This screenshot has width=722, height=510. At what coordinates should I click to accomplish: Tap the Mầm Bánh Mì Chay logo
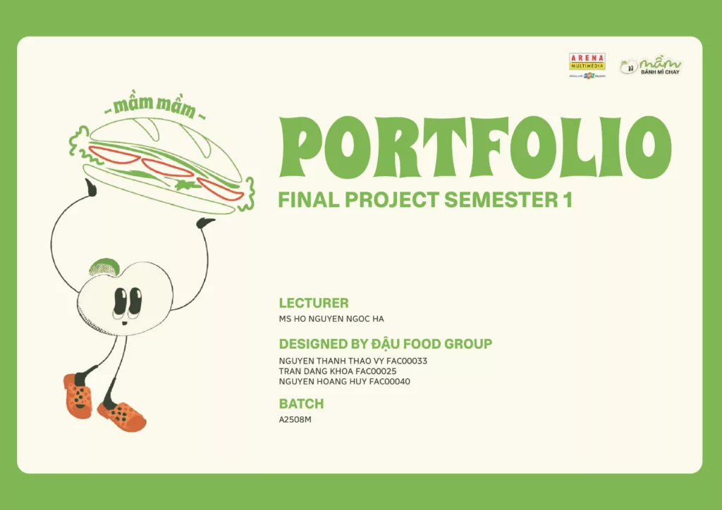tap(651, 66)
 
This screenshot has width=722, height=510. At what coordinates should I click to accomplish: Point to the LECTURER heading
tap(314, 304)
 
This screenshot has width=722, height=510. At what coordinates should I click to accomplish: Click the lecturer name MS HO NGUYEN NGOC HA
tap(331, 318)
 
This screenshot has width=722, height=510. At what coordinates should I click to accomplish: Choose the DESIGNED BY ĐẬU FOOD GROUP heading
tap(385, 344)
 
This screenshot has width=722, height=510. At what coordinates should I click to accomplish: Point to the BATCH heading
tap(301, 404)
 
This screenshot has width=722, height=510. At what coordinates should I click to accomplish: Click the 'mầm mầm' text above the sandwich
tap(154, 107)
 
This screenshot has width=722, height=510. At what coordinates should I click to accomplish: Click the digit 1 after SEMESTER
tap(567, 200)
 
